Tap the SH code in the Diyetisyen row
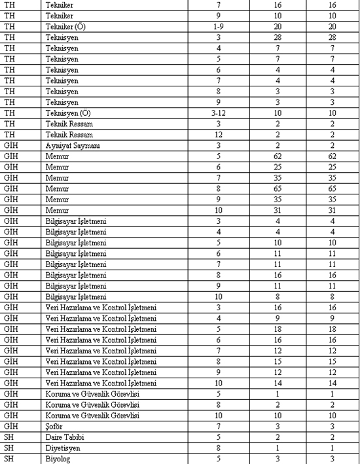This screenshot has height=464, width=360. pyautogui.click(x=9, y=448)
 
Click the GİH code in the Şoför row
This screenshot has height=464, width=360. pyautogui.click(x=10, y=425)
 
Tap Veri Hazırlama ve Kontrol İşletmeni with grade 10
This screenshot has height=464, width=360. pyautogui.click(x=101, y=382)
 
